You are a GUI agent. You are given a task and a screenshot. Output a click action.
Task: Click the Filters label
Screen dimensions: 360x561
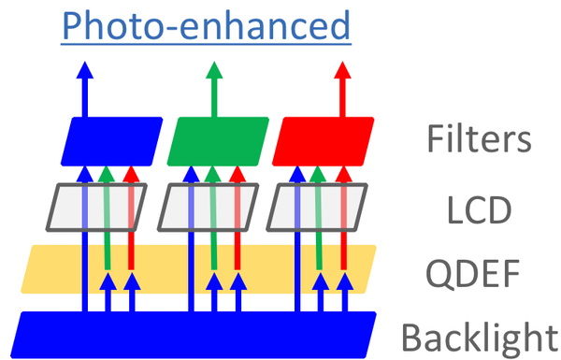click(478, 140)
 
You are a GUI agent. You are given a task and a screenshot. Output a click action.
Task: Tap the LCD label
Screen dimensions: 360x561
click(478, 209)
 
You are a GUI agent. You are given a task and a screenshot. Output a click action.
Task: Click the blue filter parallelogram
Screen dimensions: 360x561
click(110, 140)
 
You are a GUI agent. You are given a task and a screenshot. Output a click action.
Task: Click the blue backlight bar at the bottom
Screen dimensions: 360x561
click(196, 333)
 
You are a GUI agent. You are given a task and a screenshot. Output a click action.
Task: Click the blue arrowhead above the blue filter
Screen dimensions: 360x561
click(85, 71)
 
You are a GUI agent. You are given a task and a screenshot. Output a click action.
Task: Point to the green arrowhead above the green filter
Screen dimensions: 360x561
click(214, 71)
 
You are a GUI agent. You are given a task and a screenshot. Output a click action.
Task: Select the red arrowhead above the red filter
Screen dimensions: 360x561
click(343, 71)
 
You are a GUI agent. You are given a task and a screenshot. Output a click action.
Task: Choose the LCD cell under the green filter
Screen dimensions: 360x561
click(208, 207)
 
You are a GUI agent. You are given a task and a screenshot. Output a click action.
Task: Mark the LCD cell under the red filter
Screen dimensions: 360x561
click(315, 207)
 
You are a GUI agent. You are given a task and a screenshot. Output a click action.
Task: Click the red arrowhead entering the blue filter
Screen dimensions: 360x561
click(131, 173)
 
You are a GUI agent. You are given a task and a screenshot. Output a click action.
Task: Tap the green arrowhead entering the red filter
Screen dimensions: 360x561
click(321, 173)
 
